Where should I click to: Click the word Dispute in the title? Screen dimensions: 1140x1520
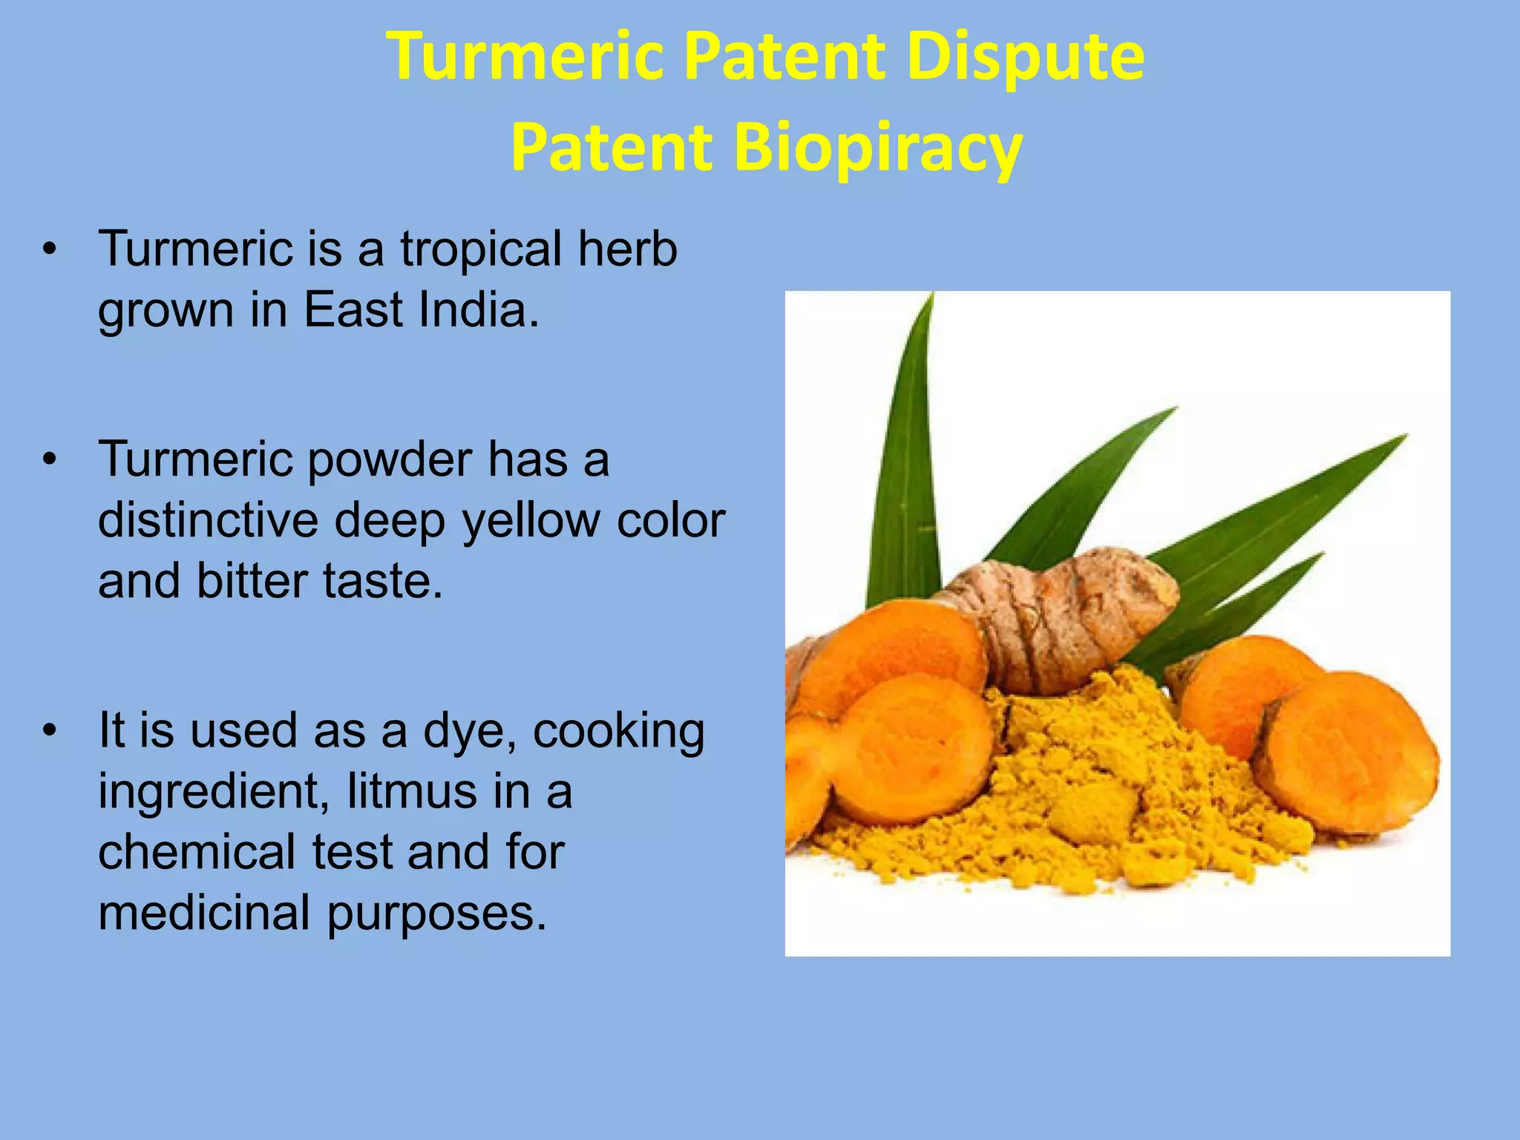pyautogui.click(x=1025, y=58)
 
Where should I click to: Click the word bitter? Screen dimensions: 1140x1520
pyautogui.click(x=252, y=580)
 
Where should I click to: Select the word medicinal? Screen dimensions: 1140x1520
pyautogui.click(x=204, y=912)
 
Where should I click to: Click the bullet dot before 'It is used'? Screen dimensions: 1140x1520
pyautogui.click(x=50, y=730)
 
